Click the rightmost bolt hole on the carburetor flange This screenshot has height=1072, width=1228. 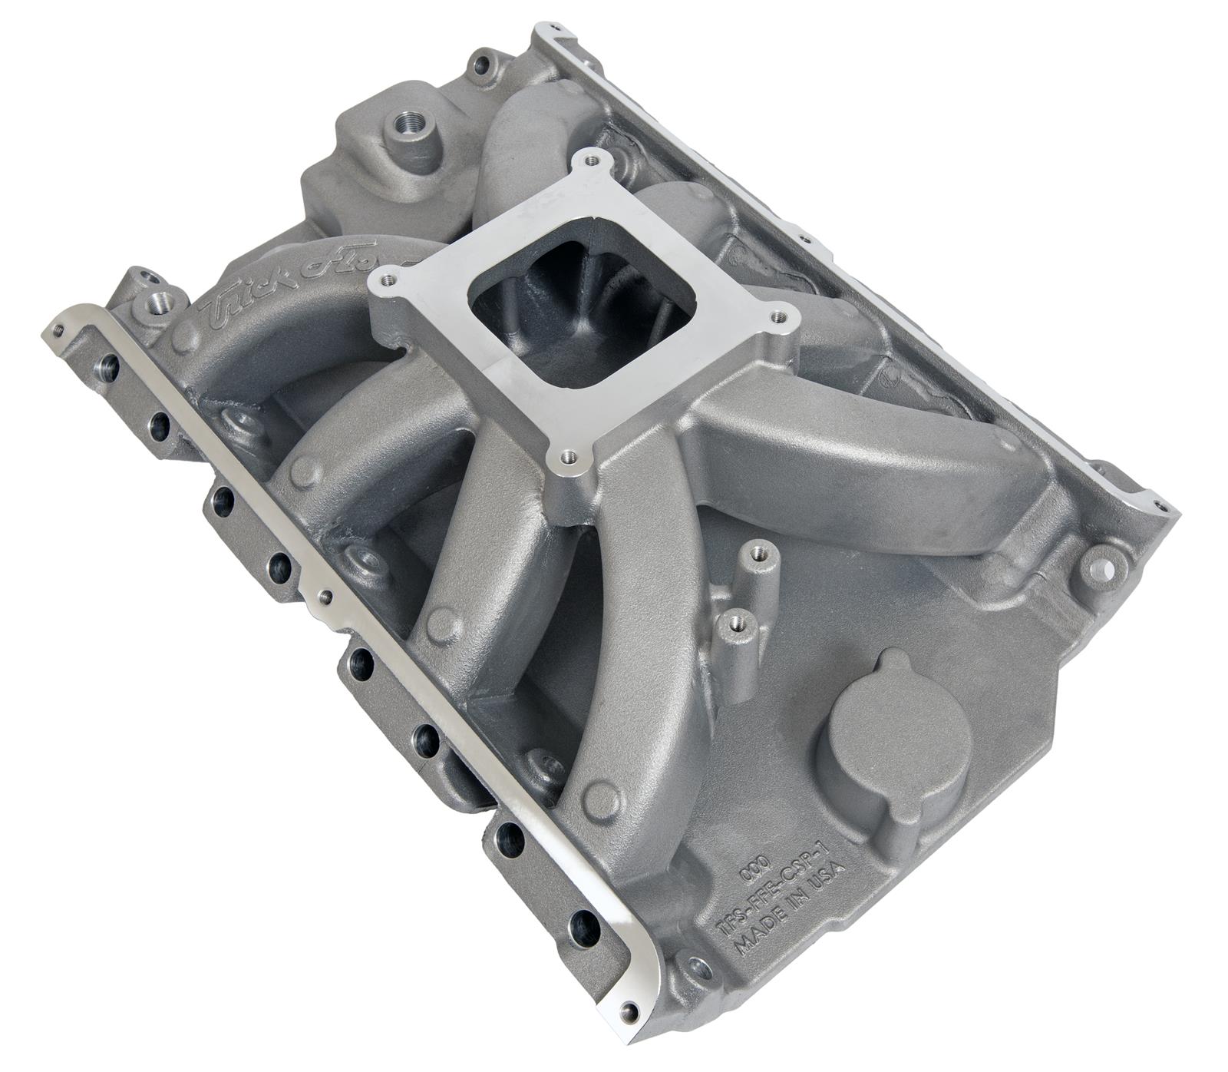click(x=781, y=314)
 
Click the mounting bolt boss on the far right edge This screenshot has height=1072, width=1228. click(x=1099, y=568)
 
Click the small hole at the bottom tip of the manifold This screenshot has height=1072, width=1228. click(x=631, y=1008)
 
